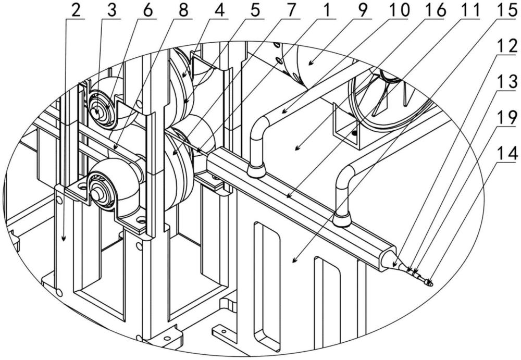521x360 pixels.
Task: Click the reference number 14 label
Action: click(504, 152)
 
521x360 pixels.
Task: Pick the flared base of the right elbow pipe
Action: click(342, 220)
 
